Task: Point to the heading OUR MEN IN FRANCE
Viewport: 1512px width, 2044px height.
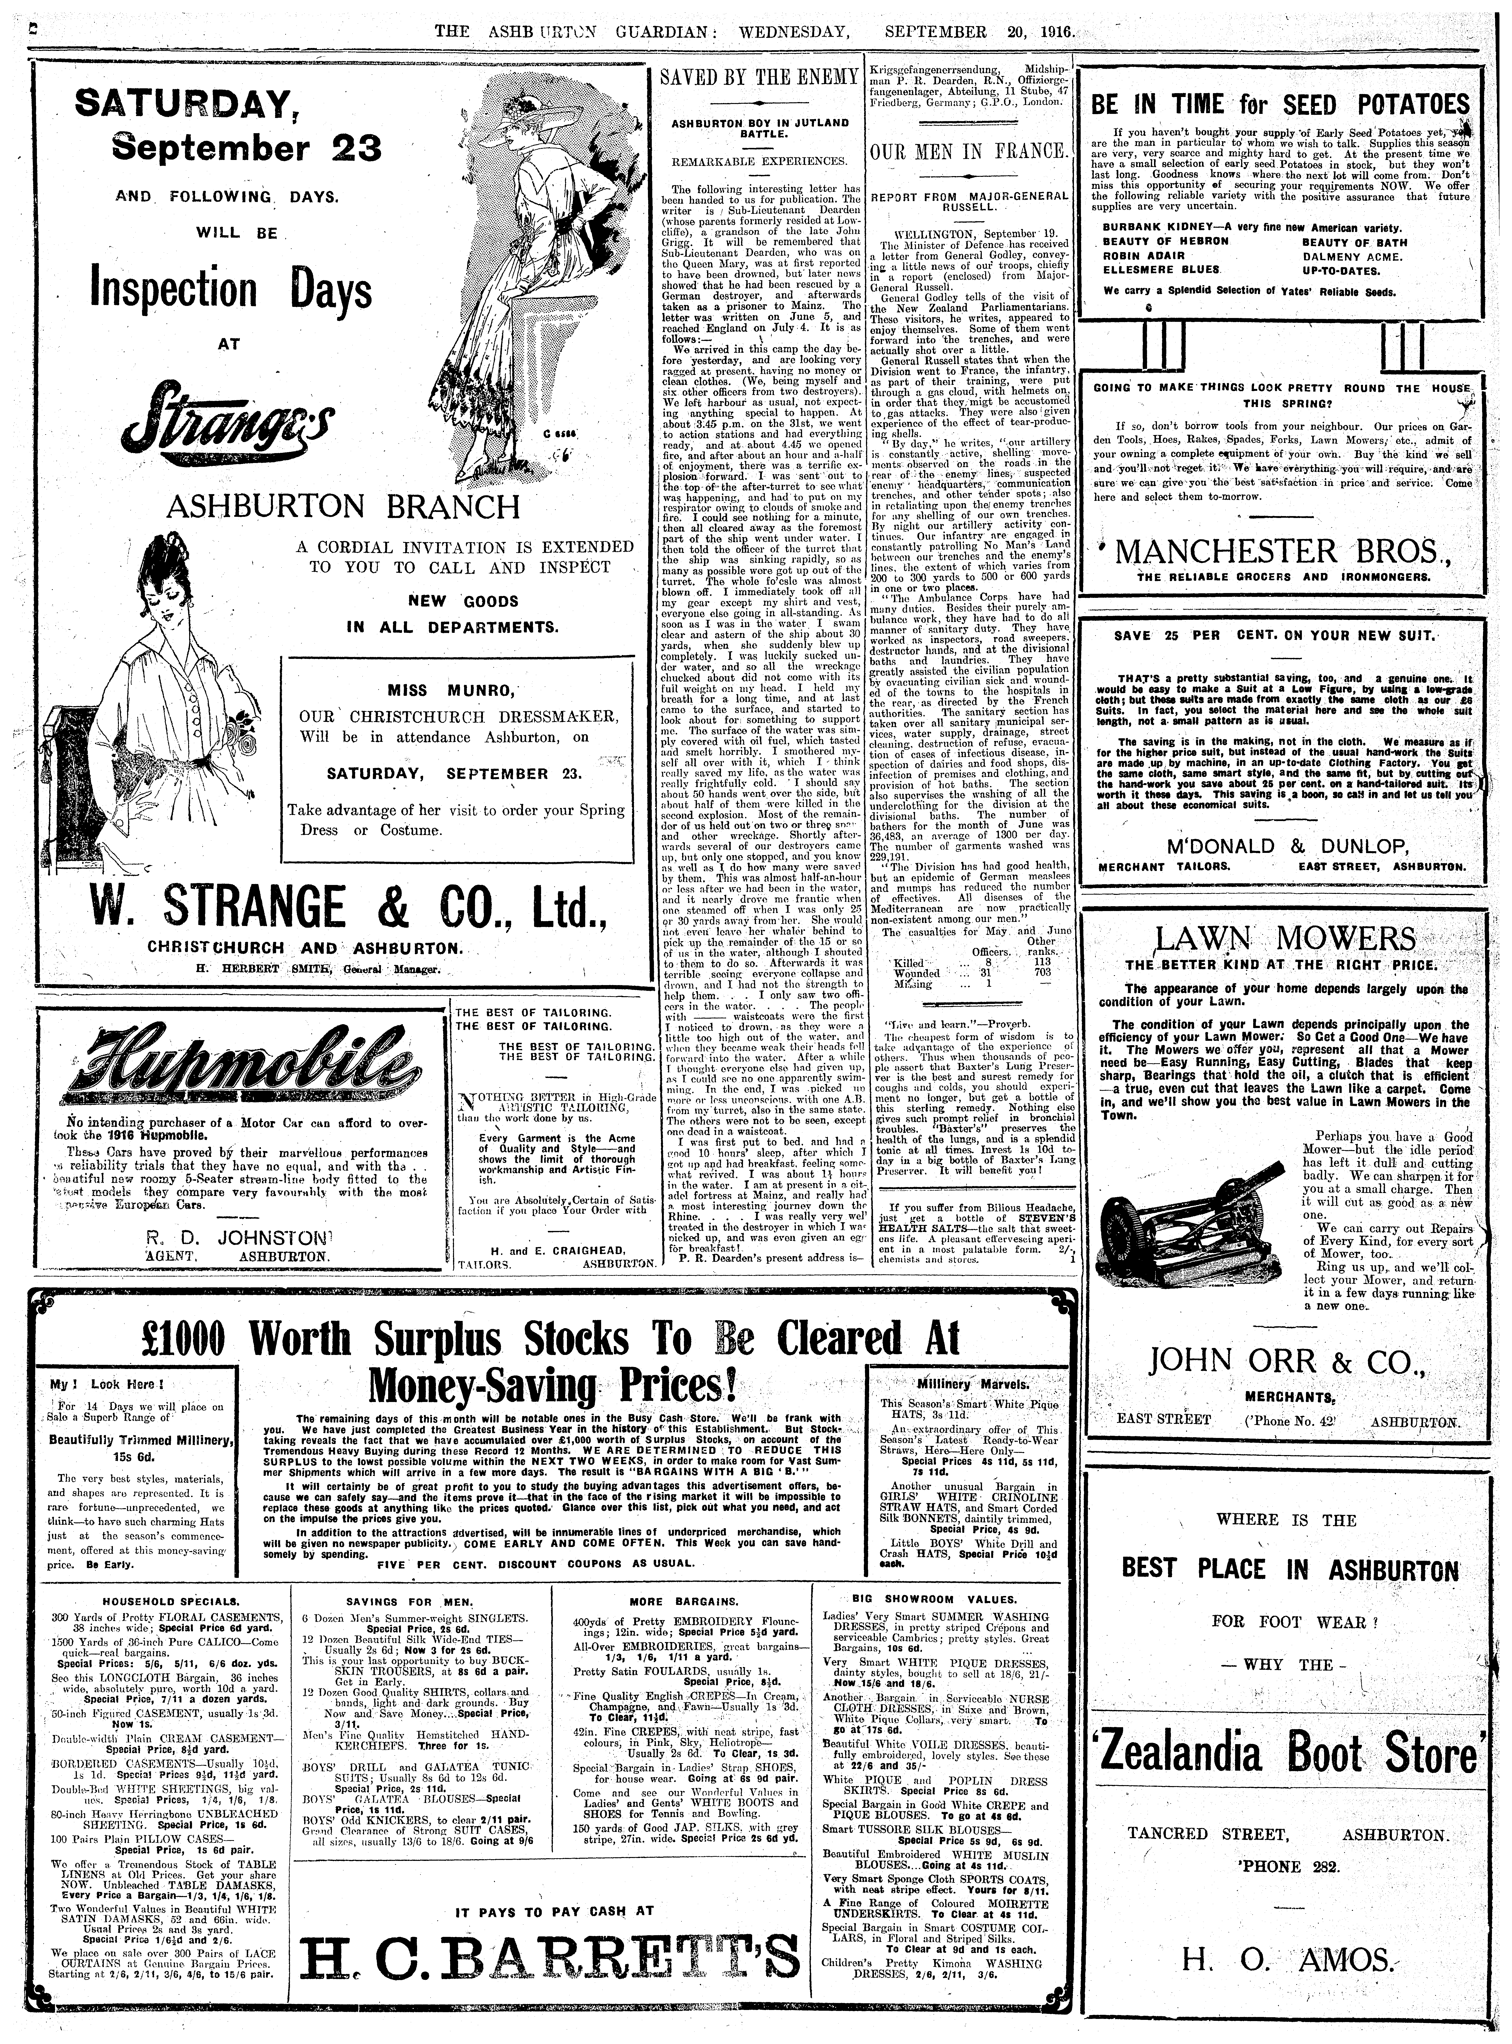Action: tap(968, 151)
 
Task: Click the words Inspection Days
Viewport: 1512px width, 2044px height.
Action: tap(232, 291)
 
